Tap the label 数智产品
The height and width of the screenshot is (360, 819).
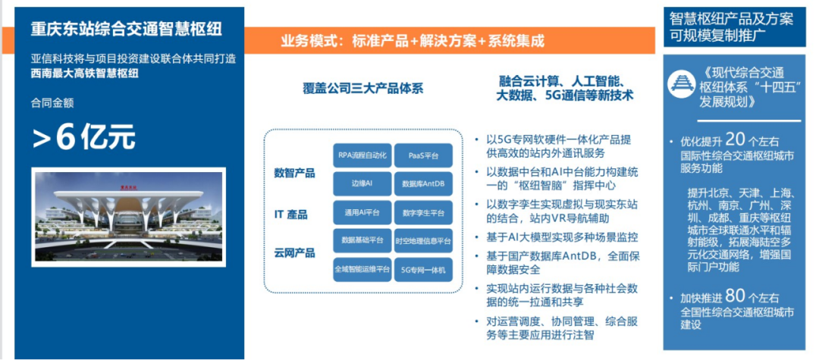click(x=294, y=173)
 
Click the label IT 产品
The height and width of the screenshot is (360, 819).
click(x=290, y=214)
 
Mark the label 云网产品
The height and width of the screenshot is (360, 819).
click(x=294, y=252)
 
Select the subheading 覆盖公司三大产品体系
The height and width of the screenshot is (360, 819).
click(x=363, y=88)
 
